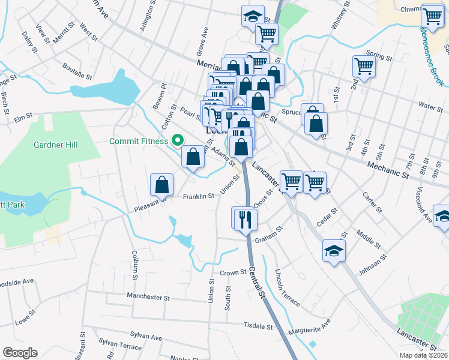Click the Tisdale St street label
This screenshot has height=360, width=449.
(x=258, y=326)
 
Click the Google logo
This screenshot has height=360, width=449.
(x=20, y=353)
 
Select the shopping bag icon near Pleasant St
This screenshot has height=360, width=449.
(x=162, y=185)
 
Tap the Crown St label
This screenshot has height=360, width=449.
(x=234, y=272)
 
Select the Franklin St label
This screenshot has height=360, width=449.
(x=199, y=196)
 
